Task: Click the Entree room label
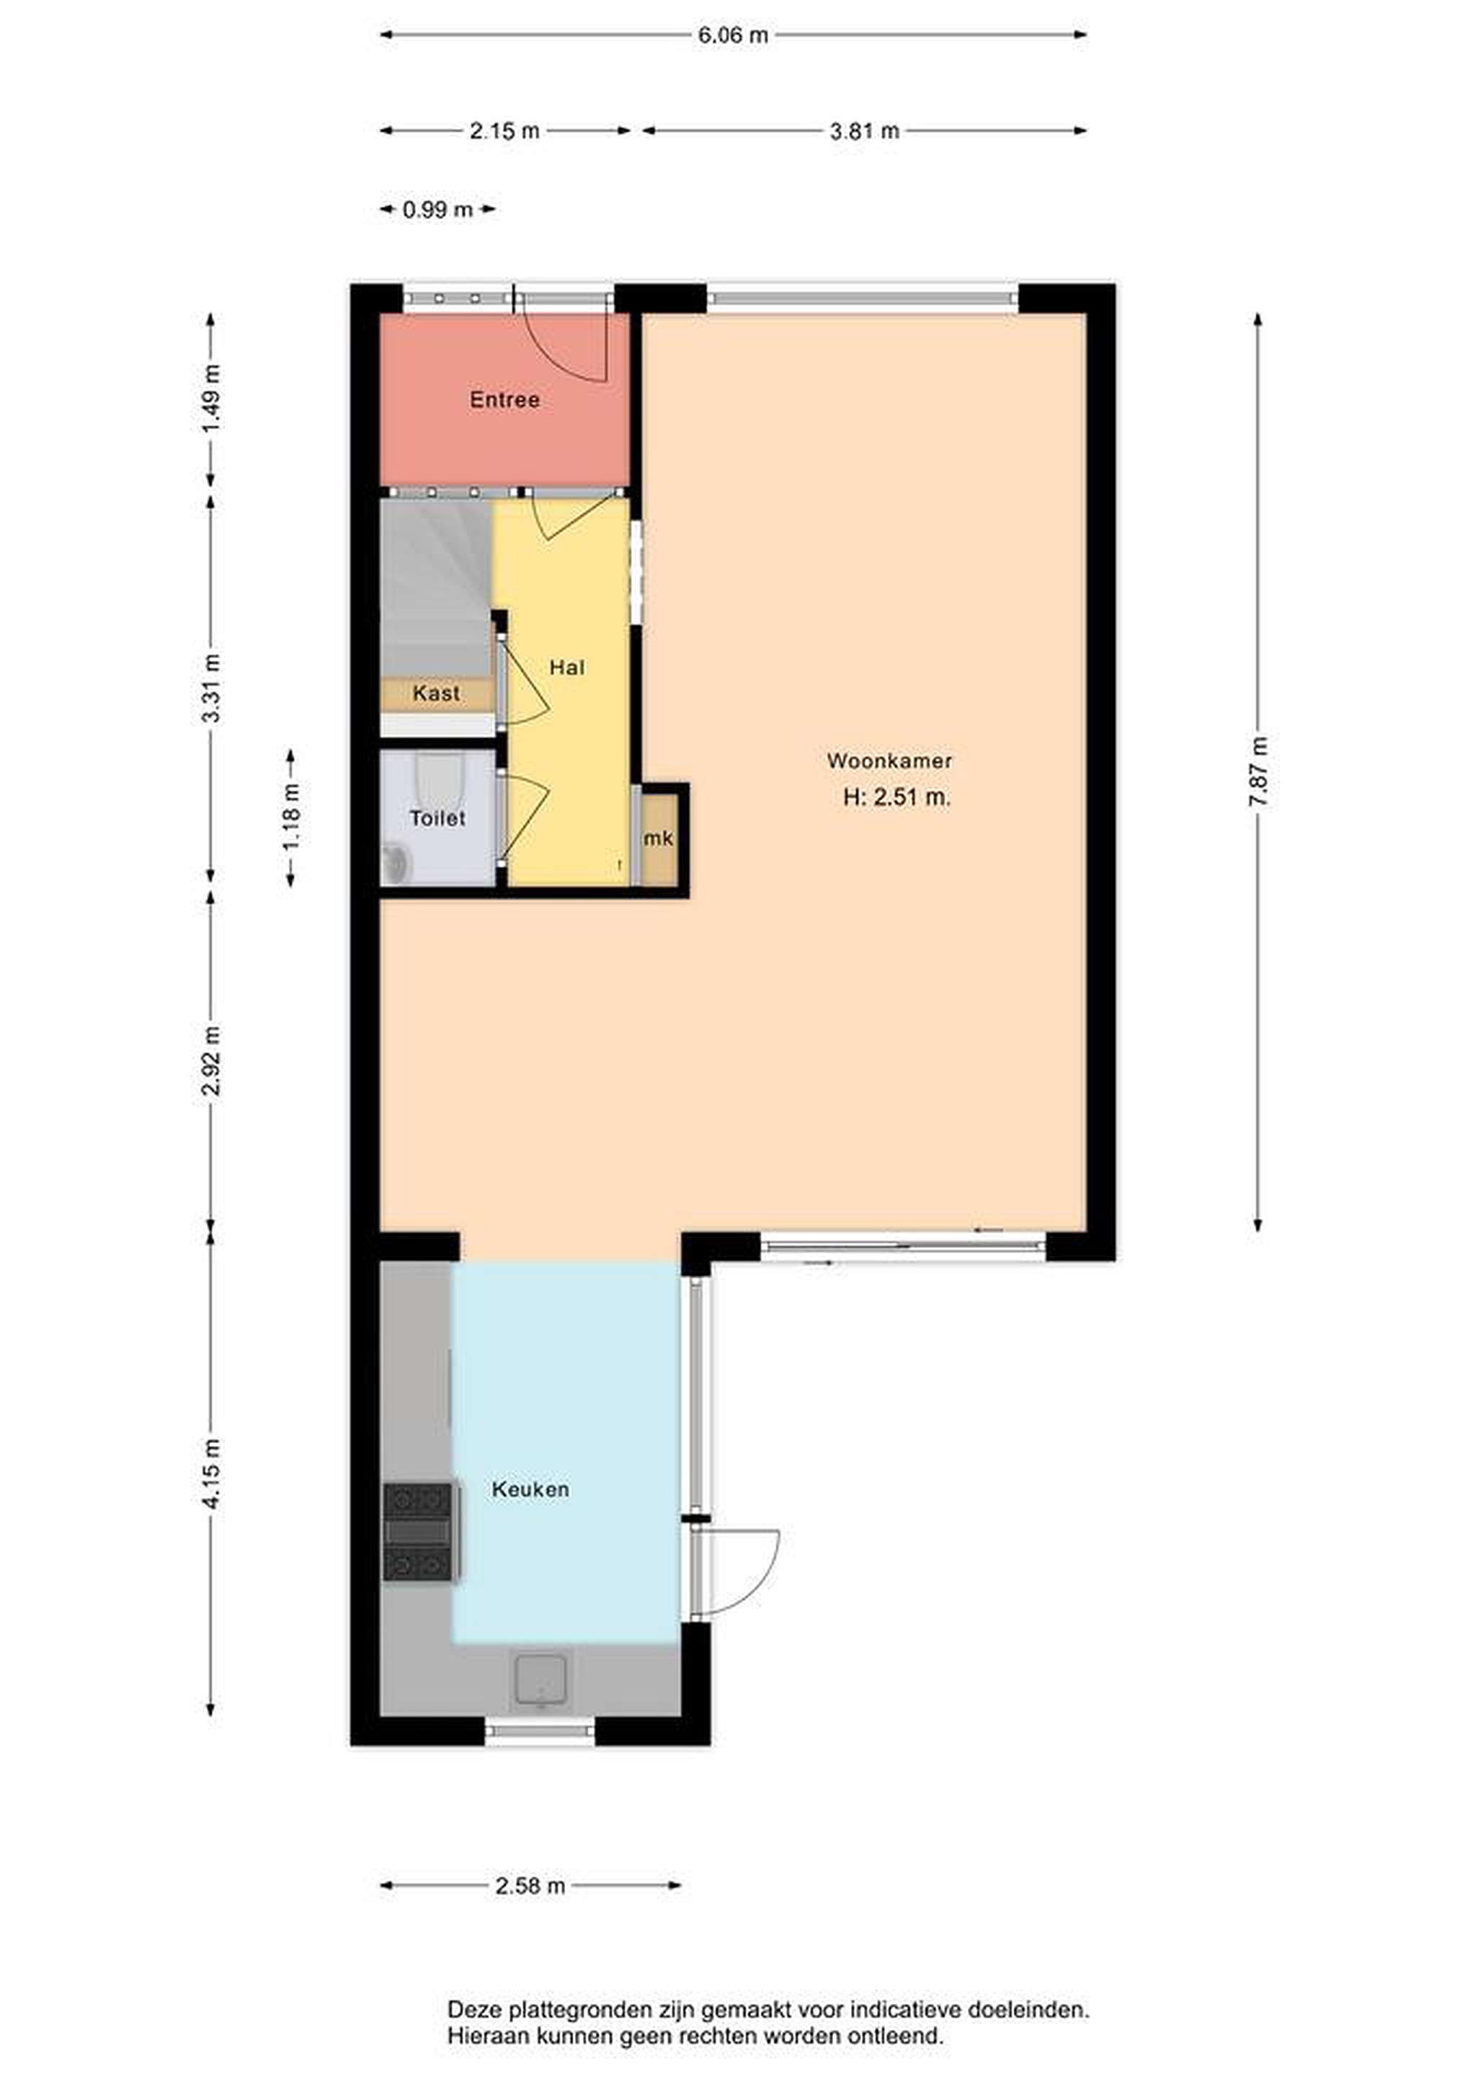point(504,399)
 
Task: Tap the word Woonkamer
point(889,760)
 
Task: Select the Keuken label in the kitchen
point(530,1489)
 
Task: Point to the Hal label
point(566,667)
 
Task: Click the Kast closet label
point(437,693)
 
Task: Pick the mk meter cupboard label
point(659,838)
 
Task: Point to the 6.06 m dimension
point(733,35)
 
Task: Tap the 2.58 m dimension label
point(530,1885)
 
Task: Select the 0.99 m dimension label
point(437,210)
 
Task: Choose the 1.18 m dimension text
point(291,817)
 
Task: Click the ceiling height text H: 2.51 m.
point(897,797)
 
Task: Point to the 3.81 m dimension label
point(865,131)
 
